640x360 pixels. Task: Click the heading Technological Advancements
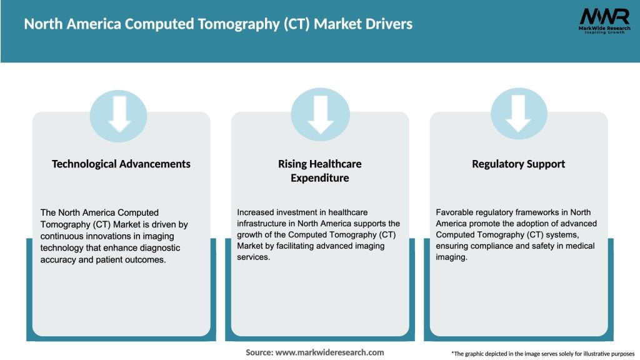121,164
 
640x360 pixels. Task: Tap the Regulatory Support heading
519,164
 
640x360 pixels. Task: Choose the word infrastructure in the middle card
262,223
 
